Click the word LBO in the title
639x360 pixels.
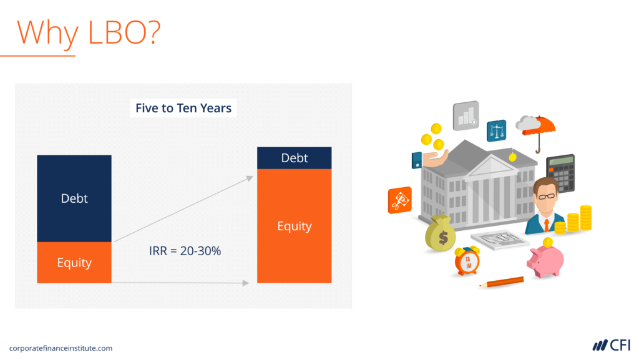pyautogui.click(x=121, y=31)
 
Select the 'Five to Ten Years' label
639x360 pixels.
pyautogui.click(x=183, y=108)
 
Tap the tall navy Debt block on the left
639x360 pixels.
pyautogui.click(x=74, y=198)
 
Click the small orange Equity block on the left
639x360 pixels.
pyautogui.click(x=74, y=263)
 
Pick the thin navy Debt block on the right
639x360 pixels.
pyautogui.click(x=294, y=158)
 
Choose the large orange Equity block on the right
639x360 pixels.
pyautogui.click(x=294, y=226)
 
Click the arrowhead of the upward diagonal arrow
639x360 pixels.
pyautogui.click(x=250, y=178)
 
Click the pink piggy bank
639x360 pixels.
pyautogui.click(x=545, y=260)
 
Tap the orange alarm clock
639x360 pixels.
pyautogui.click(x=467, y=261)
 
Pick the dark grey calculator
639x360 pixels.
pyautogui.click(x=560, y=173)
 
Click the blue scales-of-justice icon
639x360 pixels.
pyautogui.click(x=496, y=131)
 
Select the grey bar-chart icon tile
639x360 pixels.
pyautogui.click(x=466, y=115)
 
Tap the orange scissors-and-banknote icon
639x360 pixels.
pyautogui.click(x=400, y=200)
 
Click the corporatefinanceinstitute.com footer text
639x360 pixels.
pyautogui.click(x=61, y=348)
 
